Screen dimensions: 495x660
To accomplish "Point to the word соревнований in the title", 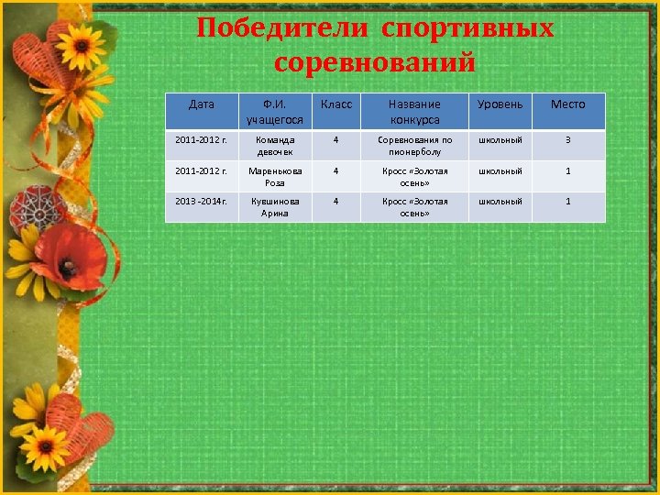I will tap(375, 63).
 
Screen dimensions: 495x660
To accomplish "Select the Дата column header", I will tap(201, 104).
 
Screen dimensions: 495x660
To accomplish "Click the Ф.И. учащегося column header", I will tap(274, 112).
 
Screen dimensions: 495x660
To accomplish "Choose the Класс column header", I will tap(336, 104).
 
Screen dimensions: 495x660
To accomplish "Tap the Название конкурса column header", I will tap(414, 112).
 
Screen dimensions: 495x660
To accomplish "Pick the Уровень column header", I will tap(500, 104).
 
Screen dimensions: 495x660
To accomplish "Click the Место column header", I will tap(567, 104).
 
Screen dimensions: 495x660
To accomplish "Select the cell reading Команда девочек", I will tap(274, 146).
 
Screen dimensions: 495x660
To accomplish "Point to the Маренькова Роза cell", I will tap(274, 176).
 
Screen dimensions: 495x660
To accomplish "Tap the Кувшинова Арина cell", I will tap(274, 206).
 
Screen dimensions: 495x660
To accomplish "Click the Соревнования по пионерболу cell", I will tap(414, 146).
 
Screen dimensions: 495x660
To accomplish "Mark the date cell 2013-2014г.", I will tap(201, 201).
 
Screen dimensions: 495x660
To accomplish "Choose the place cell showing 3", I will tap(567, 140).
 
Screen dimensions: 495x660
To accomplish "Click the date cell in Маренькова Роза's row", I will tap(201, 170).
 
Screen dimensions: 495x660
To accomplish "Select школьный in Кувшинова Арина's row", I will tap(500, 201).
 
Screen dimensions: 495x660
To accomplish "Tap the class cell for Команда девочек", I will tap(336, 140).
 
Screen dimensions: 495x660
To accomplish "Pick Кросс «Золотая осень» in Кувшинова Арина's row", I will tap(414, 206).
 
